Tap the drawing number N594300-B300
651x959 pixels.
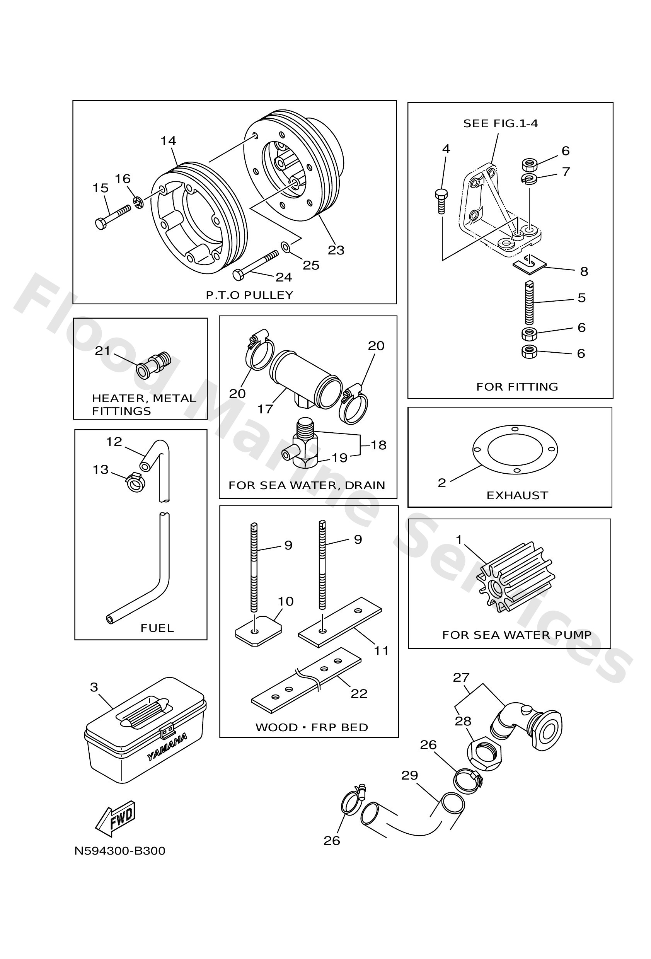[119, 851]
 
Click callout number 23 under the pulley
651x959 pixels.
[336, 250]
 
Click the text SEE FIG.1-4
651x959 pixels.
[500, 123]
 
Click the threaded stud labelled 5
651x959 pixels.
[529, 302]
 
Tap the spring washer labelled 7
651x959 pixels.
[529, 179]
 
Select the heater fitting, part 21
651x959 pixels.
[153, 364]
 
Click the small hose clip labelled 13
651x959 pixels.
[135, 482]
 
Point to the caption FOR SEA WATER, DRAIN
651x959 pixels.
[307, 485]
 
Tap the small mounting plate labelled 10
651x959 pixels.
[258, 632]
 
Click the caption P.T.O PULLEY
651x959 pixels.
[249, 295]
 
